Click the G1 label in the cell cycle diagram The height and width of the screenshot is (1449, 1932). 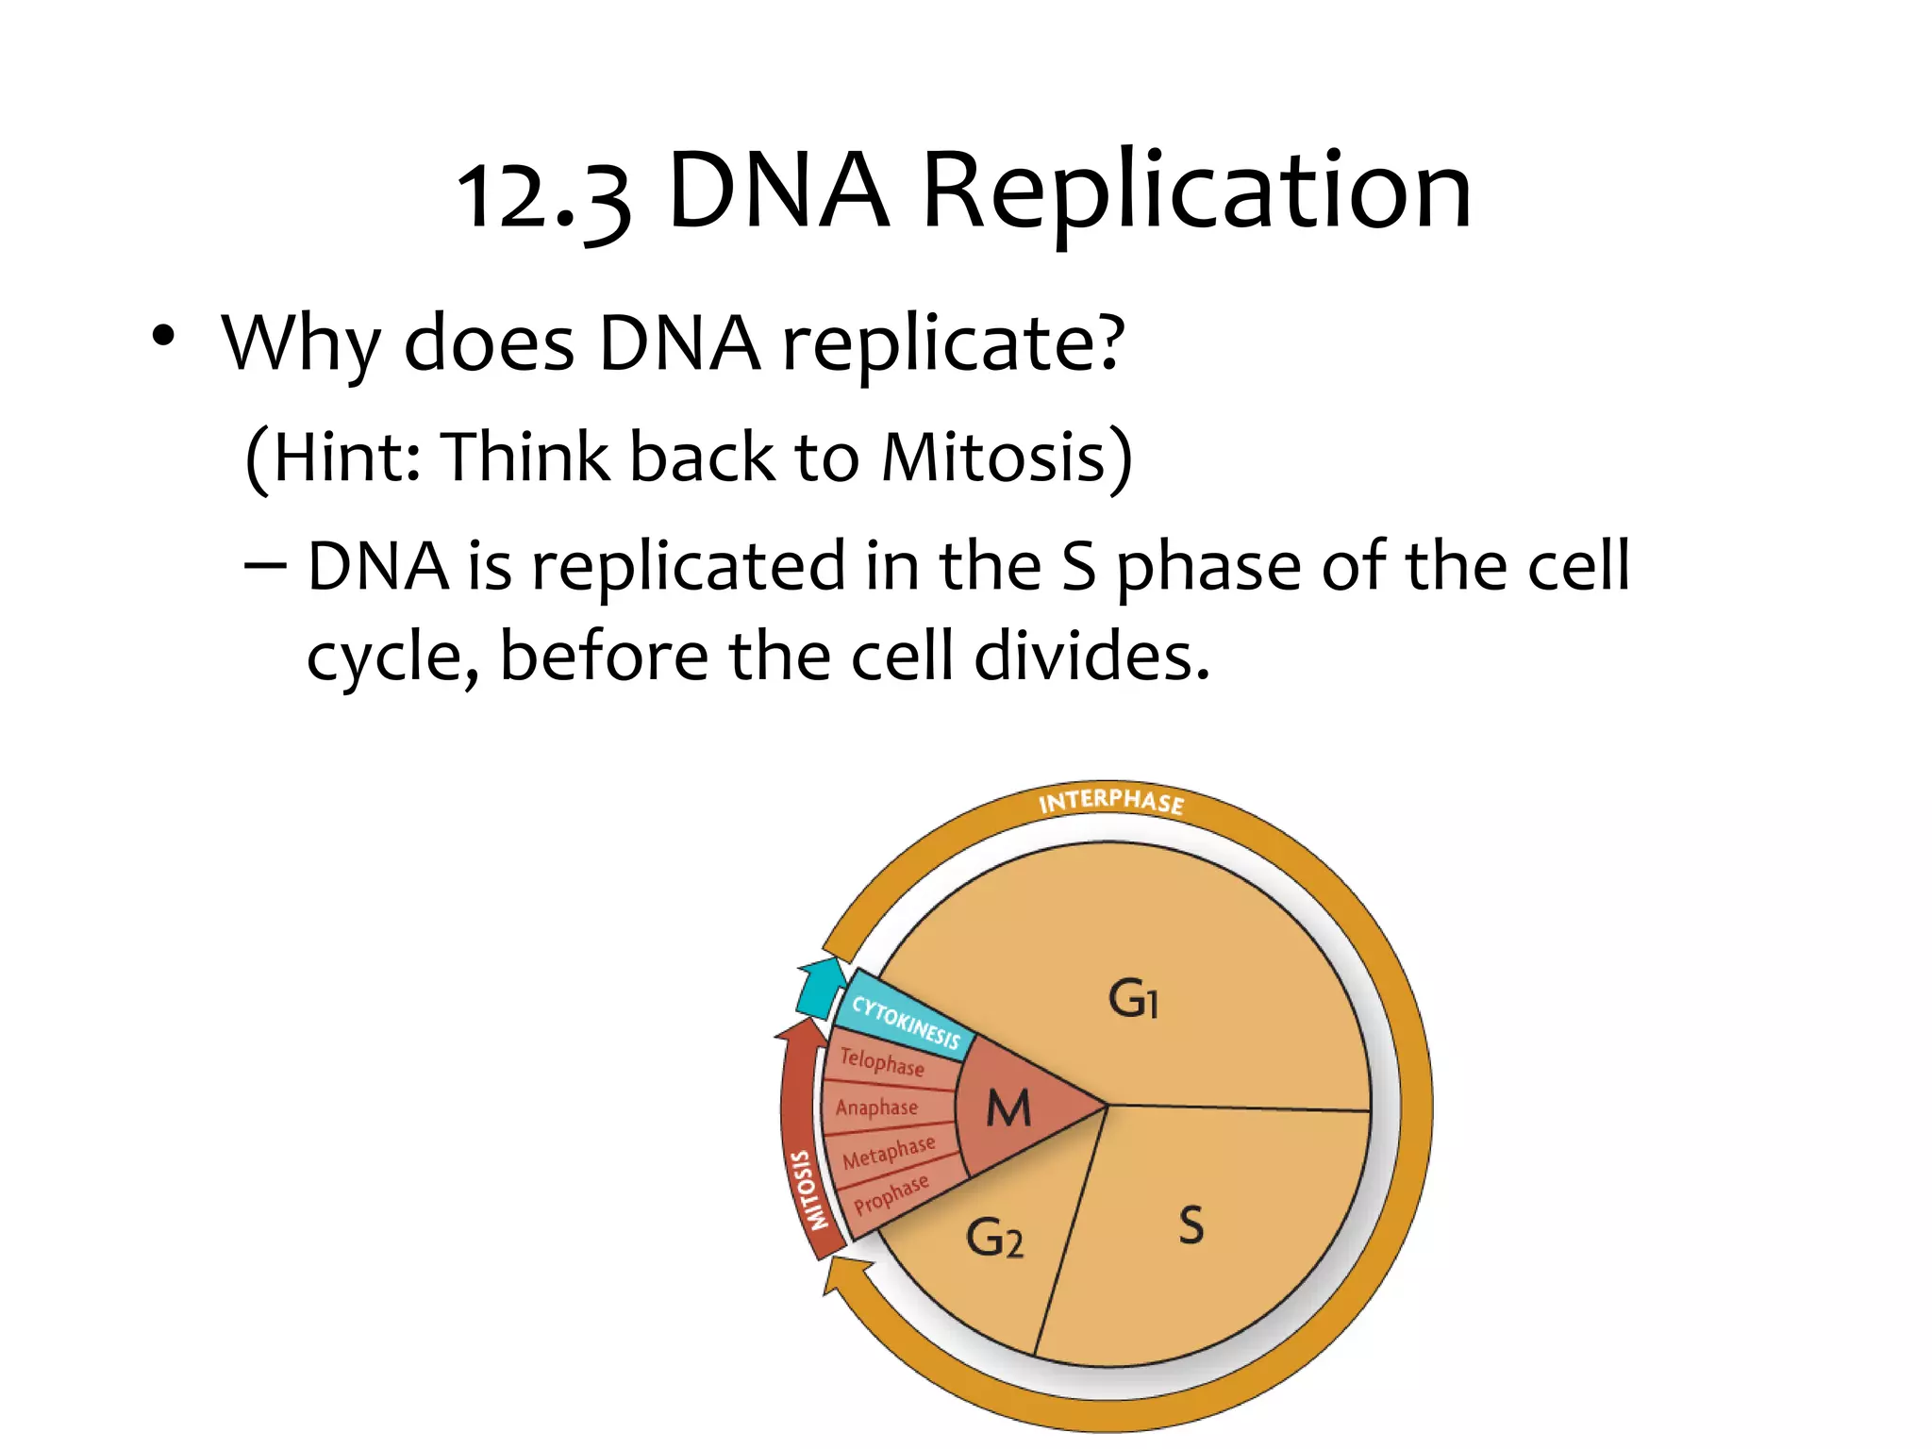pyautogui.click(x=1133, y=998)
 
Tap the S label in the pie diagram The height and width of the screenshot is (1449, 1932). pyautogui.click(x=1191, y=1224)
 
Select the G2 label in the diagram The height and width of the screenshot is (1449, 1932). pyautogui.click(x=994, y=1238)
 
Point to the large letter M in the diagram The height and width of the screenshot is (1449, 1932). pyautogui.click(x=1008, y=1108)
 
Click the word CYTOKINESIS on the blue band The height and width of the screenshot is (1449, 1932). pyautogui.click(x=906, y=1023)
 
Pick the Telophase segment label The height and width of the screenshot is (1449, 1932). pyautogui.click(x=882, y=1062)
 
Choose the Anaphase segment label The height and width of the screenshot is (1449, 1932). pyautogui.click(x=876, y=1107)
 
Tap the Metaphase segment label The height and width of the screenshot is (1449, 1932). pyautogui.click(x=889, y=1152)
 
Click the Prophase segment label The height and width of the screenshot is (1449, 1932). pyautogui.click(x=891, y=1194)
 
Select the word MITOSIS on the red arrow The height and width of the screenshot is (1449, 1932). pyautogui.click(x=808, y=1190)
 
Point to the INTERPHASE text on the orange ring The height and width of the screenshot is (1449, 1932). pyautogui.click(x=1110, y=801)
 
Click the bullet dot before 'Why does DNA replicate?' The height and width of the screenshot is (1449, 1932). pyautogui.click(x=163, y=337)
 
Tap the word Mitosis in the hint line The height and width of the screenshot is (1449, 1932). pyautogui.click(x=992, y=458)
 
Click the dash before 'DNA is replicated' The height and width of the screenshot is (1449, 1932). pyautogui.click(x=265, y=566)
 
